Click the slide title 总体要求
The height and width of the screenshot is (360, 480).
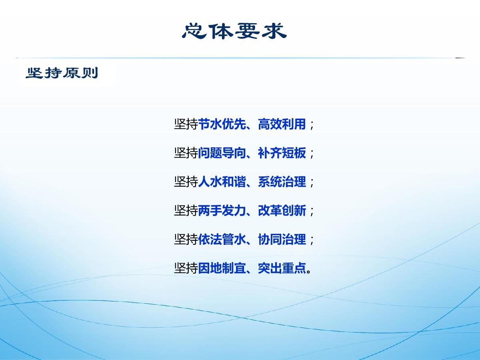(x=234, y=31)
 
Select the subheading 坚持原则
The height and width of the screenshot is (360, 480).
(x=62, y=73)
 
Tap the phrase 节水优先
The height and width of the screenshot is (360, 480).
(x=222, y=124)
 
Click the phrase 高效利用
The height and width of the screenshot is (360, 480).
(x=282, y=124)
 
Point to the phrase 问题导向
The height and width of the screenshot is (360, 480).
(x=222, y=153)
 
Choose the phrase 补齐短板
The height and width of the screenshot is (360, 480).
(x=282, y=153)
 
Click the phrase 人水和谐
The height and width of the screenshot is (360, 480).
(x=222, y=182)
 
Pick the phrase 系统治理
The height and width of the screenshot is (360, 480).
(x=282, y=182)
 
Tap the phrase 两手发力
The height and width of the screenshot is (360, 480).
(x=222, y=211)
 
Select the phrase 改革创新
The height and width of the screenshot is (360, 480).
(x=282, y=211)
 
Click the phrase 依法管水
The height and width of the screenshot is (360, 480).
(x=222, y=239)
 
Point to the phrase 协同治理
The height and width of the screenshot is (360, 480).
(x=282, y=239)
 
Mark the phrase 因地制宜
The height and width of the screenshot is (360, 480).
(x=222, y=268)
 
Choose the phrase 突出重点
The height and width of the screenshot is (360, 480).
(x=282, y=268)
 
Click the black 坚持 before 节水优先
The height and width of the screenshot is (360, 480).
(x=186, y=124)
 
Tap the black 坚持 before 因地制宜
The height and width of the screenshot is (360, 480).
(x=186, y=268)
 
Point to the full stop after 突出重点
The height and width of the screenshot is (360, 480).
(x=308, y=272)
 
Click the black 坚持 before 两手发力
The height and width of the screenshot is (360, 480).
(x=186, y=211)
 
